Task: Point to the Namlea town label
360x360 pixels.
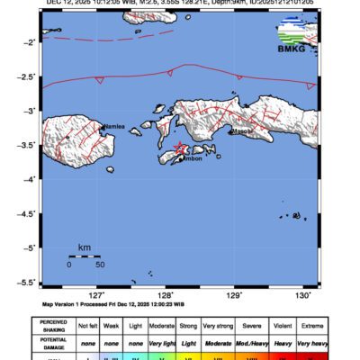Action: (x=114, y=128)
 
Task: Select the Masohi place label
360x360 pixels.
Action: (x=242, y=131)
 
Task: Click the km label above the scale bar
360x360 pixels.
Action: (x=84, y=247)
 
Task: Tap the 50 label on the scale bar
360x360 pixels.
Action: (x=100, y=265)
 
